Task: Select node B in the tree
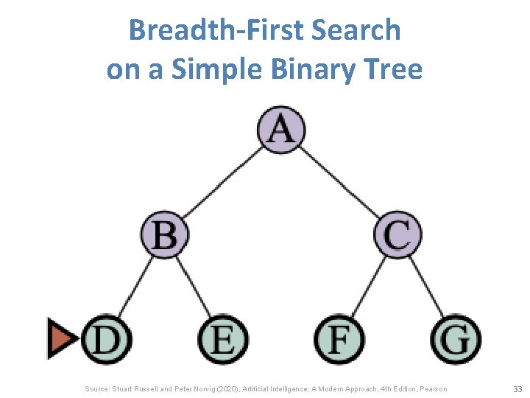165,237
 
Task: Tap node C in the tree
397,235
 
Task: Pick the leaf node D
107,341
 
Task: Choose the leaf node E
223,341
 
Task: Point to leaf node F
339,341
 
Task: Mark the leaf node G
456,341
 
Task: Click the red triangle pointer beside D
62,339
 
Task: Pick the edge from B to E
194,288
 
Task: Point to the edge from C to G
427,288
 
